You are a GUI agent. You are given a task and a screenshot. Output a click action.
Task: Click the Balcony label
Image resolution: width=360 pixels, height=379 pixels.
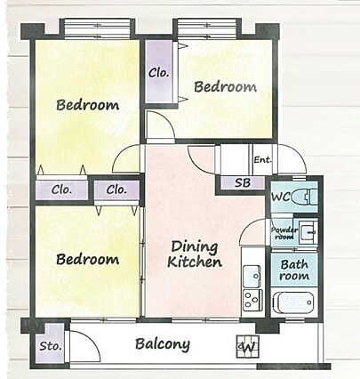[163, 344]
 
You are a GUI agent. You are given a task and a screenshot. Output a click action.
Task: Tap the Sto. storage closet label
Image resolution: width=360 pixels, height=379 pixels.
[51, 346]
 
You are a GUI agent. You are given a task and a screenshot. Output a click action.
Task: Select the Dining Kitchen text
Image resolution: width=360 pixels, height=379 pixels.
[195, 254]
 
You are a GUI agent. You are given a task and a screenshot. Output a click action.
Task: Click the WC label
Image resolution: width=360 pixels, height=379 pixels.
[281, 197]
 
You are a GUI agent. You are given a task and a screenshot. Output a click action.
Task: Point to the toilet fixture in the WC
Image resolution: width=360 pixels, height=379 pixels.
[304, 197]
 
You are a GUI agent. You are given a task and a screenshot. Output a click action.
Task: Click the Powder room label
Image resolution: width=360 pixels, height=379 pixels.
[284, 233]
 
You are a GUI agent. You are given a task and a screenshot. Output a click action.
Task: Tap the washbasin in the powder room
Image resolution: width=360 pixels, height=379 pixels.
[308, 232]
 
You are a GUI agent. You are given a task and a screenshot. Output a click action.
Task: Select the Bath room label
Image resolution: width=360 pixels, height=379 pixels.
[294, 270]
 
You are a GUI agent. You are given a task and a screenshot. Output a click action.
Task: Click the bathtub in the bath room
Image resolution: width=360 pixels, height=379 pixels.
[293, 302]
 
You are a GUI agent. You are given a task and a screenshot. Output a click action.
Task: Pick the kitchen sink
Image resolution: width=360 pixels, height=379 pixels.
[252, 276]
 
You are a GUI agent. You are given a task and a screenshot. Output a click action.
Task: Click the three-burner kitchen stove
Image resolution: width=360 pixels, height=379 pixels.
[252, 300]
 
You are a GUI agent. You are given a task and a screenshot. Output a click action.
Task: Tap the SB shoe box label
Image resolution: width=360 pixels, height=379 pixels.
[243, 182]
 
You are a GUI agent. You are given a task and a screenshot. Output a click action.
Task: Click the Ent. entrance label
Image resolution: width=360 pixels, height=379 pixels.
[262, 160]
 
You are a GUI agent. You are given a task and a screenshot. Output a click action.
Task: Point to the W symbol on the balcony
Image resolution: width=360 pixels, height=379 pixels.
[248, 346]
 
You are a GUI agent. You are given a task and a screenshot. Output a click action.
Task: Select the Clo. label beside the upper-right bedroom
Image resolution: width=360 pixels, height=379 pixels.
[159, 73]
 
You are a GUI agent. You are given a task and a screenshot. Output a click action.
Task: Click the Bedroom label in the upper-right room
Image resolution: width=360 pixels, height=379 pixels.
[225, 86]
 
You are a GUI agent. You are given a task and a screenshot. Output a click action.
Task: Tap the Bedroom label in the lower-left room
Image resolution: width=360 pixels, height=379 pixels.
[88, 259]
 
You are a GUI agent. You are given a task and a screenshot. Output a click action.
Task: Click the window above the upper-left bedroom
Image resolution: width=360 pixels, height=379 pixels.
[98, 28]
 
